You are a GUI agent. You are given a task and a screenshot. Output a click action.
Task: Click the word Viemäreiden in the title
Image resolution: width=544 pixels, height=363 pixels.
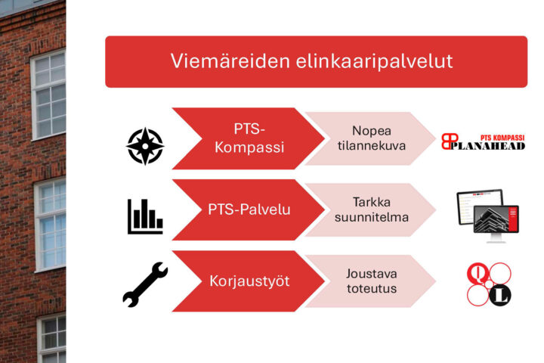click(230, 61)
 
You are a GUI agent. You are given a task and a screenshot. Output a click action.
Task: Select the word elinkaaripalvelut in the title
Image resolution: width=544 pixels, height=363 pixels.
click(374, 61)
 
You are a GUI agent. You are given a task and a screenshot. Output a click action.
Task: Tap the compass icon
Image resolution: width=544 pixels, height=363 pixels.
click(145, 146)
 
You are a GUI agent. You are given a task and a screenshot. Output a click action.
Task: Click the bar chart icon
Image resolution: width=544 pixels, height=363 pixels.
click(145, 217)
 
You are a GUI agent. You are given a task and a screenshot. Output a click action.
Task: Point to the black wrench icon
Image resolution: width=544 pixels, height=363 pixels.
click(145, 284)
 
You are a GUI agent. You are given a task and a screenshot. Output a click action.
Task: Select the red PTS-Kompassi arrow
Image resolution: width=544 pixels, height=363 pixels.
click(249, 138)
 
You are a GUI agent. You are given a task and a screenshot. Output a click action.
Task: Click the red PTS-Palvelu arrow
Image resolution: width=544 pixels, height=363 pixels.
click(249, 209)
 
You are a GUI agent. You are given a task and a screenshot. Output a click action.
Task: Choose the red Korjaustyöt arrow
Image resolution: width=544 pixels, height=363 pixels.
click(249, 281)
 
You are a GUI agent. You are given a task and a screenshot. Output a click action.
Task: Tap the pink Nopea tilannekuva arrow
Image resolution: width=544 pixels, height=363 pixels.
click(371, 138)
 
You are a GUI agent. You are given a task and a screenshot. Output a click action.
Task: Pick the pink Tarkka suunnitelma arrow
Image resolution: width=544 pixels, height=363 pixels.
click(371, 209)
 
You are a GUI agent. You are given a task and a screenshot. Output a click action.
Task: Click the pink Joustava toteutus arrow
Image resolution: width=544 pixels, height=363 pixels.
click(371, 281)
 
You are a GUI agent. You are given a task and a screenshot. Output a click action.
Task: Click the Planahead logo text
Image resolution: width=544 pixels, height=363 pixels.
click(487, 146)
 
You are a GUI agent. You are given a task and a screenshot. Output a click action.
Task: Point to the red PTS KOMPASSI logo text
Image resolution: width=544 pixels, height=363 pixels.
click(502, 138)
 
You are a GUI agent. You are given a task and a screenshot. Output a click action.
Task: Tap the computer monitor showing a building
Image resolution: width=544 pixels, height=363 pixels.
click(496, 222)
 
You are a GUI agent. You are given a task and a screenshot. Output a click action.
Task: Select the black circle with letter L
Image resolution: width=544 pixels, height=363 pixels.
click(500, 296)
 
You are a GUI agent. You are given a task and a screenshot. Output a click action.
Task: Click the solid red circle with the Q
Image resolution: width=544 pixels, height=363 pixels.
click(478, 273)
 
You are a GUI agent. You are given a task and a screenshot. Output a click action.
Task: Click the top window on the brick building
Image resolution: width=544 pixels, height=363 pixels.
click(48, 95)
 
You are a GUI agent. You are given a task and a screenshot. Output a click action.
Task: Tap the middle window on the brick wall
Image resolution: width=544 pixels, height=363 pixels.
click(51, 224)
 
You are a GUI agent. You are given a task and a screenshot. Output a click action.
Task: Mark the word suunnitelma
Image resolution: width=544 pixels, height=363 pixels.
click(372, 218)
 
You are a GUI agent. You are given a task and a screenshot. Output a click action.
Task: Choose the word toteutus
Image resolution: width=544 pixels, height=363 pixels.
click(372, 289)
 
